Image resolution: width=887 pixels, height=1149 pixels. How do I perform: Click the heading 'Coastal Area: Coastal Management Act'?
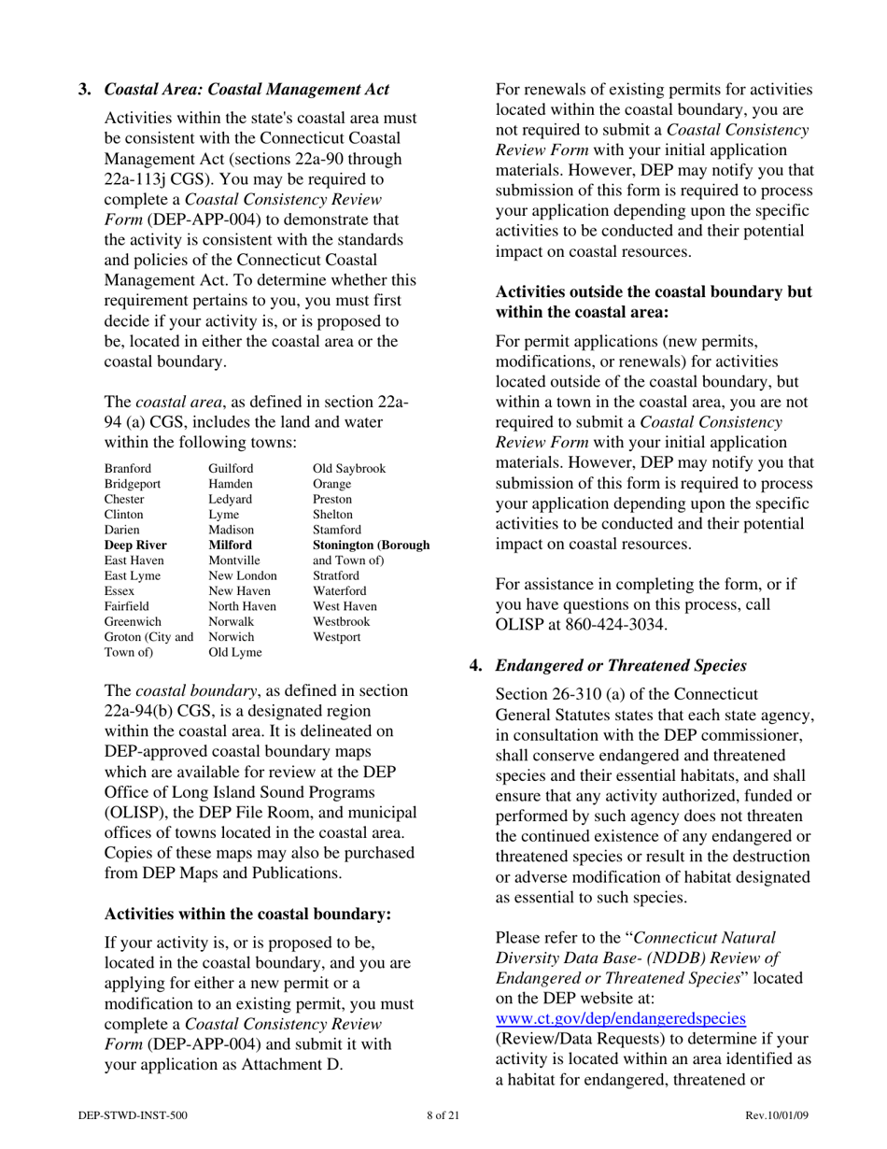(x=246, y=90)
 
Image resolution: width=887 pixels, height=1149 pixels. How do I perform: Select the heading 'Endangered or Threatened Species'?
(x=620, y=665)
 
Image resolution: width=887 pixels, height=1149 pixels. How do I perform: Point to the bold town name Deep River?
(x=134, y=544)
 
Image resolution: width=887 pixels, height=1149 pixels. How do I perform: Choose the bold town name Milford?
(x=230, y=544)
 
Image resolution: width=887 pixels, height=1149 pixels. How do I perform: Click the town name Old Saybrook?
(x=349, y=468)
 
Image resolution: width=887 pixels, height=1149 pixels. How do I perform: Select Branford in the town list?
(x=128, y=468)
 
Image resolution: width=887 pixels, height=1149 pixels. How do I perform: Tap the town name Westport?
(x=336, y=635)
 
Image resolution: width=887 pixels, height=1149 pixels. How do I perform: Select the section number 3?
(x=84, y=90)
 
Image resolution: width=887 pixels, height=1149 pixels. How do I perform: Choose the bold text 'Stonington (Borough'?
(x=371, y=544)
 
